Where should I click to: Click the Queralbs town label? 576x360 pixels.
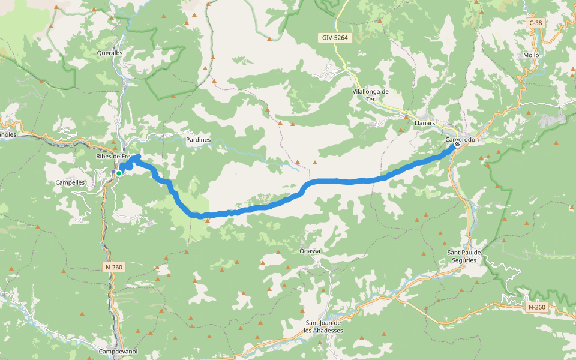point(110,53)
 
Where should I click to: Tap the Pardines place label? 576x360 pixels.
point(198,140)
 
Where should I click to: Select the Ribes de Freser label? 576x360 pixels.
point(114,157)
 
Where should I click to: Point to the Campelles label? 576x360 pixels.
point(70,182)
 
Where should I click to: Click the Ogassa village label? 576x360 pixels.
point(310,251)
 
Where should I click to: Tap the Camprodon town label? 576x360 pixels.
point(463,140)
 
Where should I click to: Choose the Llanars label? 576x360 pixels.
point(424,122)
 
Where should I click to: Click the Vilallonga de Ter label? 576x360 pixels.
point(371,95)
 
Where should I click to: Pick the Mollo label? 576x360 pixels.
point(531,55)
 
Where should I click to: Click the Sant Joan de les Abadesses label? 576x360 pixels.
point(323,326)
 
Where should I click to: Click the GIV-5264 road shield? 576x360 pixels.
point(334,37)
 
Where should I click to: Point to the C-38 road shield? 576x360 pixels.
point(535,23)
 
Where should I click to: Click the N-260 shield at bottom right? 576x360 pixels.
point(536,307)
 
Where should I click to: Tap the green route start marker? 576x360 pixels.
point(119,173)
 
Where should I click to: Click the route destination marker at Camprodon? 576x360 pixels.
point(457,144)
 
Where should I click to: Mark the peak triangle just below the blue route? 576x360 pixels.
point(207,221)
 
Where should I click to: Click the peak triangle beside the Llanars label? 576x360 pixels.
point(401,130)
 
